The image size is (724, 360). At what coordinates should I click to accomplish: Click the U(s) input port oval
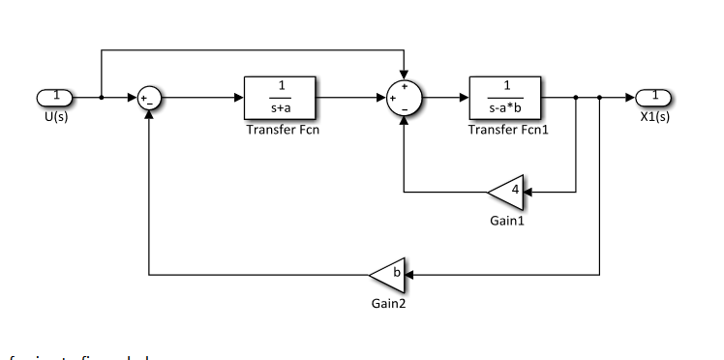pyautogui.click(x=55, y=97)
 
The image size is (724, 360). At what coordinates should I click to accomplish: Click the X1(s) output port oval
pyautogui.click(x=654, y=97)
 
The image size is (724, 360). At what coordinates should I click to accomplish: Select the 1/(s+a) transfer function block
pyautogui.click(x=282, y=97)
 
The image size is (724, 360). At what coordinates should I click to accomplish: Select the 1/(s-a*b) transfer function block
pyautogui.click(x=506, y=97)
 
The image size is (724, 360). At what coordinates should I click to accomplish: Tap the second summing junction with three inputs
pyautogui.click(x=404, y=98)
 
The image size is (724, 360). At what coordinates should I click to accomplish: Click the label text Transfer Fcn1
pyautogui.click(x=508, y=131)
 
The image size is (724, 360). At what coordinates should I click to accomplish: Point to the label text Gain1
pyautogui.click(x=506, y=222)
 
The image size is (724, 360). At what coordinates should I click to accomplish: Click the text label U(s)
pyautogui.click(x=55, y=118)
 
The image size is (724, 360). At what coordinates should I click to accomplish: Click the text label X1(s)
pyautogui.click(x=654, y=118)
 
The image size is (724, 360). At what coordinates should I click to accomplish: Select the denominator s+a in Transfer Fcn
pyautogui.click(x=282, y=108)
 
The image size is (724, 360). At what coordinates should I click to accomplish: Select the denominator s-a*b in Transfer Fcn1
pyautogui.click(x=506, y=108)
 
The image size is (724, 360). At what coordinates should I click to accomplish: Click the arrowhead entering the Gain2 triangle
pyautogui.click(x=408, y=275)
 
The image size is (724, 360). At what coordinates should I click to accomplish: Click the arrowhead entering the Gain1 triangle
pyautogui.click(x=528, y=193)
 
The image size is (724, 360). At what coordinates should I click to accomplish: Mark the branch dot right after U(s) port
pyautogui.click(x=102, y=98)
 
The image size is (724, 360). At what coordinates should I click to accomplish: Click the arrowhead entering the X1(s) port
pyautogui.click(x=631, y=98)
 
